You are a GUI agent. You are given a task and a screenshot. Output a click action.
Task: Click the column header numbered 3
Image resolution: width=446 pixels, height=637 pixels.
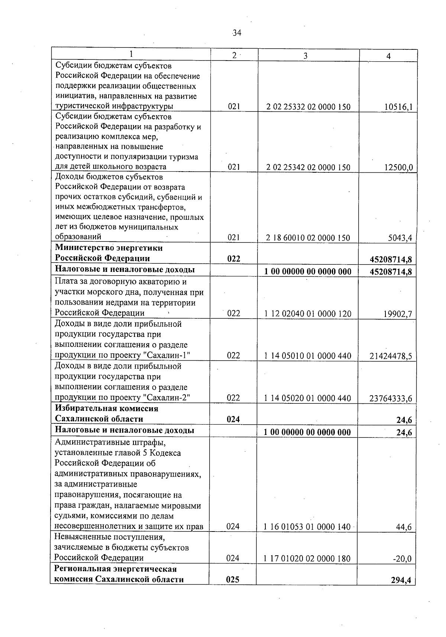coord(305,56)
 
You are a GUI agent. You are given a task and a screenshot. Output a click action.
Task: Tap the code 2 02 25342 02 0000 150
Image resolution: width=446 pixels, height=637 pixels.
coord(308,167)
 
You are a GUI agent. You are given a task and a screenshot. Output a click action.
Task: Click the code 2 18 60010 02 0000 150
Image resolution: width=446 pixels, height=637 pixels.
coord(308,238)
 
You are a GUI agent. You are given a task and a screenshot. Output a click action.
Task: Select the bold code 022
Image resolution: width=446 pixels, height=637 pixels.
coord(234,259)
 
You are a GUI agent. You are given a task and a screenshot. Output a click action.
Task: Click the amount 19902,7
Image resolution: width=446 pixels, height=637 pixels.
coord(398,314)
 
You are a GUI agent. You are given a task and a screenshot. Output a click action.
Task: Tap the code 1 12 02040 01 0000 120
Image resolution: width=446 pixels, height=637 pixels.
coord(308,314)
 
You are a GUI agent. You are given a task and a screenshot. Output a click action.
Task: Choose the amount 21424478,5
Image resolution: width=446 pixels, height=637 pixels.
coord(391,356)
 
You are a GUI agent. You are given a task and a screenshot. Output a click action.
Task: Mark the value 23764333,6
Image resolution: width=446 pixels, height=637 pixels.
coord(391,399)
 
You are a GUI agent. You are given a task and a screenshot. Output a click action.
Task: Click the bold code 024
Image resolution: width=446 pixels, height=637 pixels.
coord(233,419)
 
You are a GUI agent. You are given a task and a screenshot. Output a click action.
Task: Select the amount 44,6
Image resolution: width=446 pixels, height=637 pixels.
coord(404,527)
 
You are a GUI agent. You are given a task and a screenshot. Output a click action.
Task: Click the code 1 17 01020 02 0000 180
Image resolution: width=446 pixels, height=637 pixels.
coord(307,558)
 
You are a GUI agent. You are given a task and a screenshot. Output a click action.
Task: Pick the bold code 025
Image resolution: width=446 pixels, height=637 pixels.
coord(233,579)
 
